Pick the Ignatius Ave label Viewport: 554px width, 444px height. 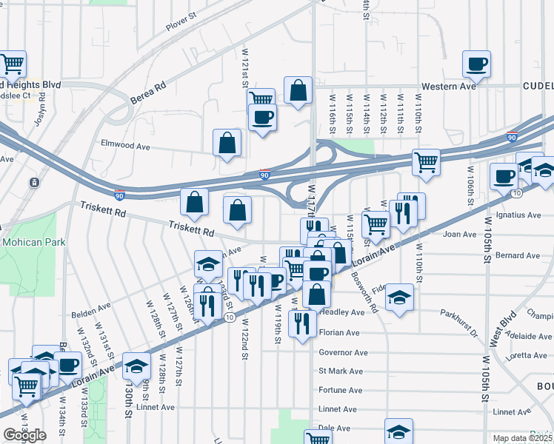coord(521,215)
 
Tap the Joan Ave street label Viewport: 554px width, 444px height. coord(459,235)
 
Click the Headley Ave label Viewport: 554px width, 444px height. coord(341,312)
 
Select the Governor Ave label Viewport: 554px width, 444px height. coord(343,352)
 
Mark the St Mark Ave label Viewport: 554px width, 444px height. coord(341,371)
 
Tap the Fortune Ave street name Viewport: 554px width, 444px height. coord(340,390)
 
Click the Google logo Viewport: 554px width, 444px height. coord(24,435)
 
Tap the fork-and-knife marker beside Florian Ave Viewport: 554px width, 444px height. coord(302,323)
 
